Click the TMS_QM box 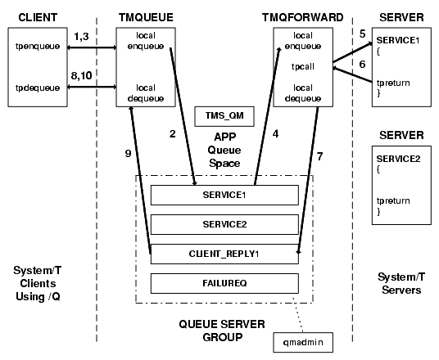(x=224, y=116)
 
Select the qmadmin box (x=303, y=342)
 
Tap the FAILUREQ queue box (x=224, y=283)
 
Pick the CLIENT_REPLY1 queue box (x=224, y=254)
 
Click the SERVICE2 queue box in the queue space (x=224, y=224)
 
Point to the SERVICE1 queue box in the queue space (x=224, y=195)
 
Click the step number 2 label (x=173, y=134)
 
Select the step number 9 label (x=128, y=154)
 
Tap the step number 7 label (x=319, y=156)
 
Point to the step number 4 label (x=275, y=134)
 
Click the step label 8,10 (x=81, y=75)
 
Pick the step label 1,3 (x=81, y=36)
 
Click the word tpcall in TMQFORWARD (x=303, y=67)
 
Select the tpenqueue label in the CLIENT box (x=38, y=46)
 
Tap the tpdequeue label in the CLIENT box (x=38, y=88)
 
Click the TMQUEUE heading (x=146, y=17)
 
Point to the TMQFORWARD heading (x=303, y=17)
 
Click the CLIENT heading (x=38, y=17)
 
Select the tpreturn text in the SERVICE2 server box (x=393, y=200)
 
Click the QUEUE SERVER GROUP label (x=222, y=331)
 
